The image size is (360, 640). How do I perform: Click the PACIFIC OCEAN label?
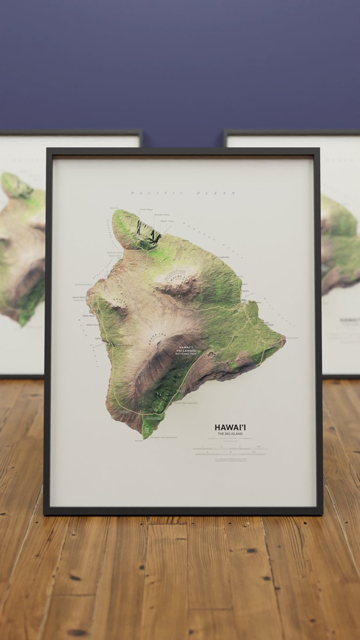[x=183, y=193]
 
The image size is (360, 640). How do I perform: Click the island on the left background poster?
[x=21, y=245]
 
